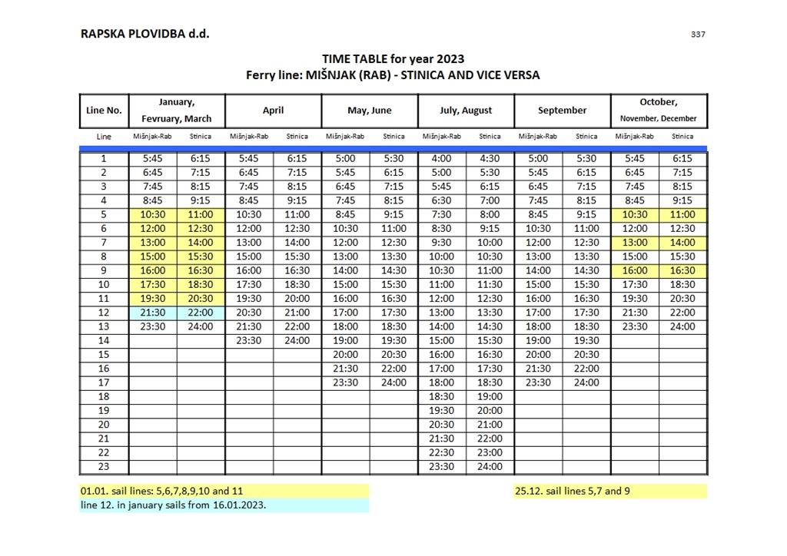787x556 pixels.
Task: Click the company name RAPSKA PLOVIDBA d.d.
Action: coord(144,34)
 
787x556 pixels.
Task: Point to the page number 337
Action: coord(698,34)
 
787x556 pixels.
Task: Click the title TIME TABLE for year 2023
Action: coord(393,58)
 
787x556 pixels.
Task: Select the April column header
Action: coord(273,111)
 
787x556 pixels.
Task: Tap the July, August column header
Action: coord(466,111)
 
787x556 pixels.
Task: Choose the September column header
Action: coord(562,111)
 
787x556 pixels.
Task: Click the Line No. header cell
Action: coord(104,111)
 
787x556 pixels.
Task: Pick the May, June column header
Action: coord(370,111)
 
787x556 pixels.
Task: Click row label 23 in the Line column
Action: coord(104,467)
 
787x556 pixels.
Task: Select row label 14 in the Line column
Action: coord(104,340)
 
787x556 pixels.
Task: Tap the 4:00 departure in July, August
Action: coord(442,159)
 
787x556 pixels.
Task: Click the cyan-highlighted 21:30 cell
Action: coord(153,313)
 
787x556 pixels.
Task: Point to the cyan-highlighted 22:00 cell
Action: coord(201,313)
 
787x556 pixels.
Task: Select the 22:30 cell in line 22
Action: coord(442,453)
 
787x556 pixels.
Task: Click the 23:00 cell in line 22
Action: coord(490,453)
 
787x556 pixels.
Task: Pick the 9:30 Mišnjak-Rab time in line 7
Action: coord(442,243)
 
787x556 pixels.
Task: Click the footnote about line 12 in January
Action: coord(174,505)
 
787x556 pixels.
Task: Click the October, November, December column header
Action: coord(659,111)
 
